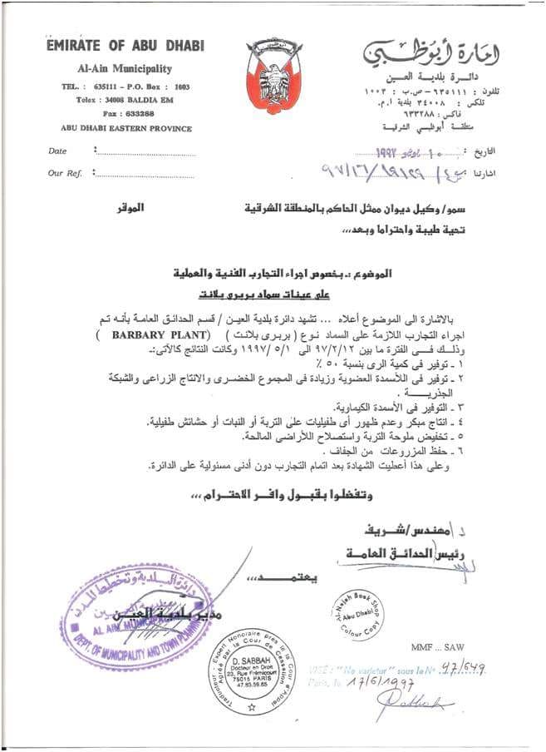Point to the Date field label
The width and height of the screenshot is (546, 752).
pos(57,151)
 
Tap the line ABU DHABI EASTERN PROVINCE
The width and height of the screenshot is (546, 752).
pos(126,129)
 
